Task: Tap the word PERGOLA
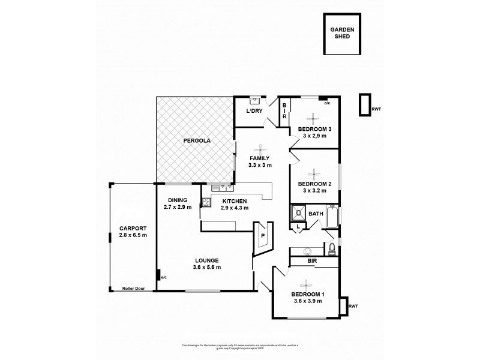[195, 140]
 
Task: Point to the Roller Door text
[134, 288]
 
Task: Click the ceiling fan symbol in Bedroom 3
[311, 118]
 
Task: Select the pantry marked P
[263, 236]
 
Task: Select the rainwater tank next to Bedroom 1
[344, 306]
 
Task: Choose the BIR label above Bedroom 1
[312, 262]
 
